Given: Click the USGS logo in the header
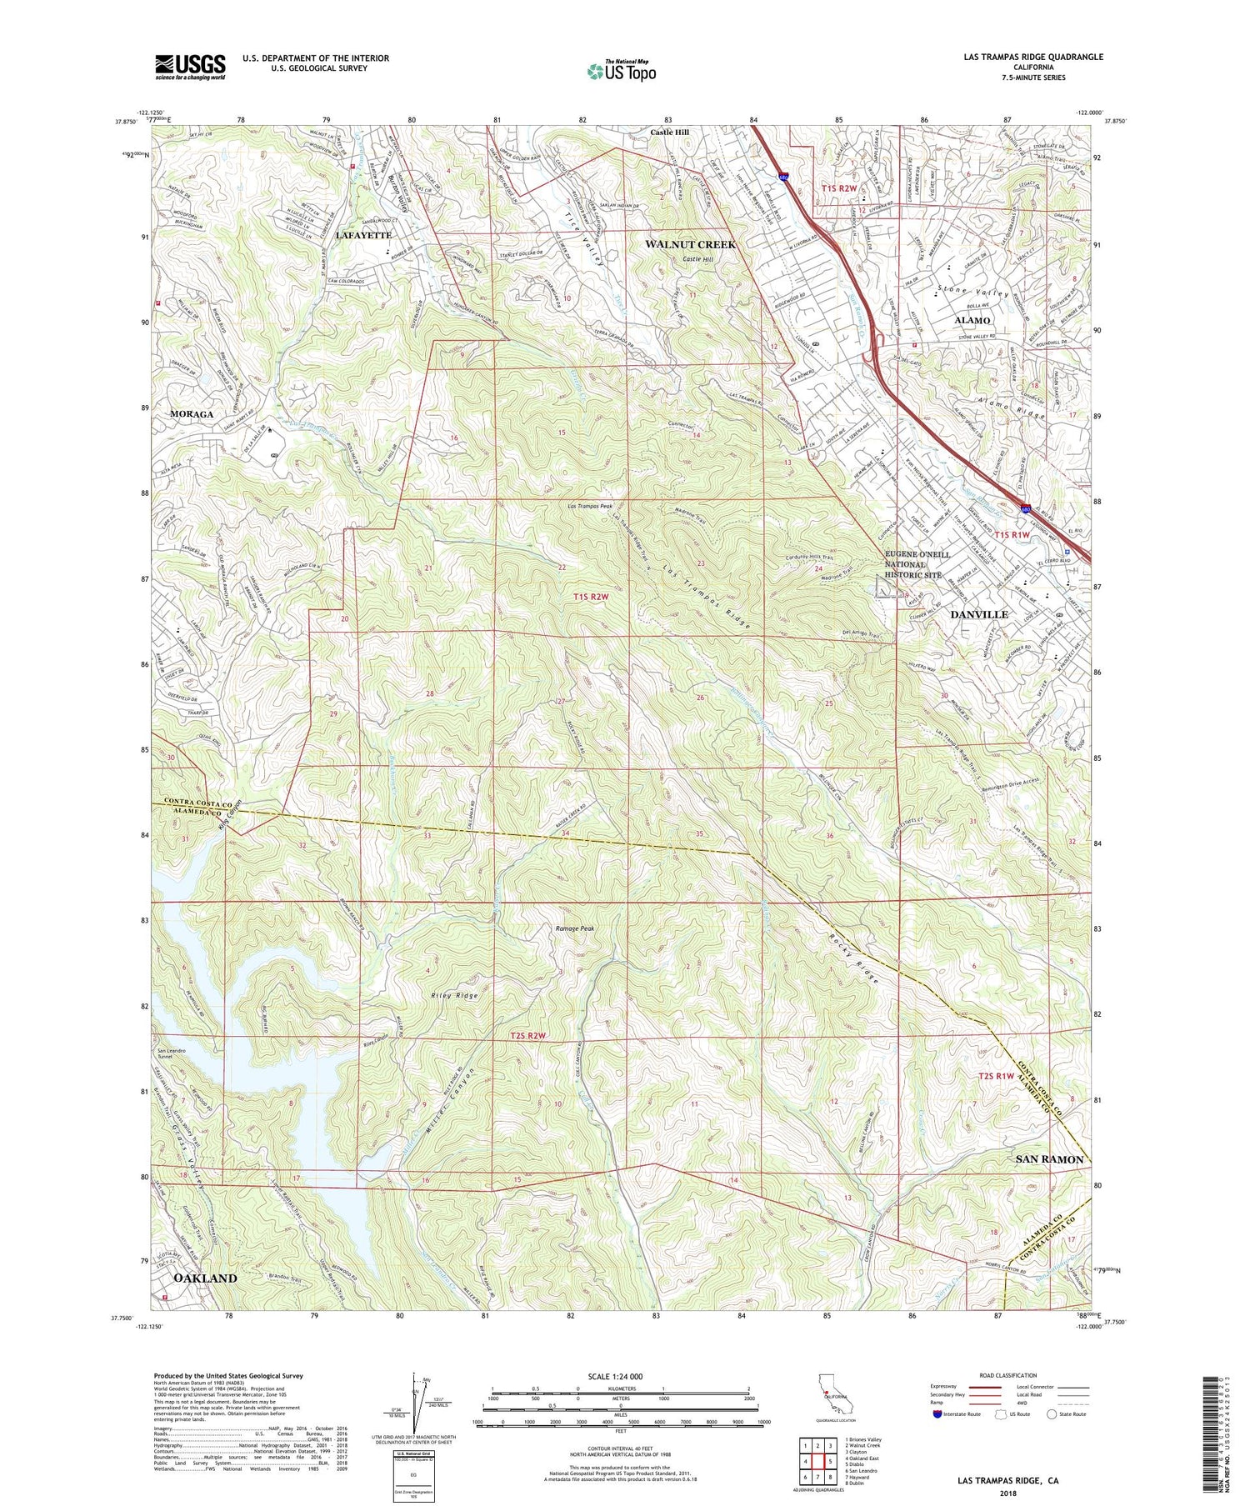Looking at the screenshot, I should click(190, 67).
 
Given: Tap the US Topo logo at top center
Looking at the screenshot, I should click(622, 71).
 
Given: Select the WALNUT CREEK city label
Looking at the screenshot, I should click(691, 244).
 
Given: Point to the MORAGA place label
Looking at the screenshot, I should click(192, 414).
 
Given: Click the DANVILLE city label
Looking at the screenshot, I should click(979, 614).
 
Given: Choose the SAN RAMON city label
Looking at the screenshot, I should click(1049, 1159).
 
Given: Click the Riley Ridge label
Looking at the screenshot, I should click(455, 995).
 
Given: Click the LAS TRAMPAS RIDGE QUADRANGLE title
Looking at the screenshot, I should click(1032, 57).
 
